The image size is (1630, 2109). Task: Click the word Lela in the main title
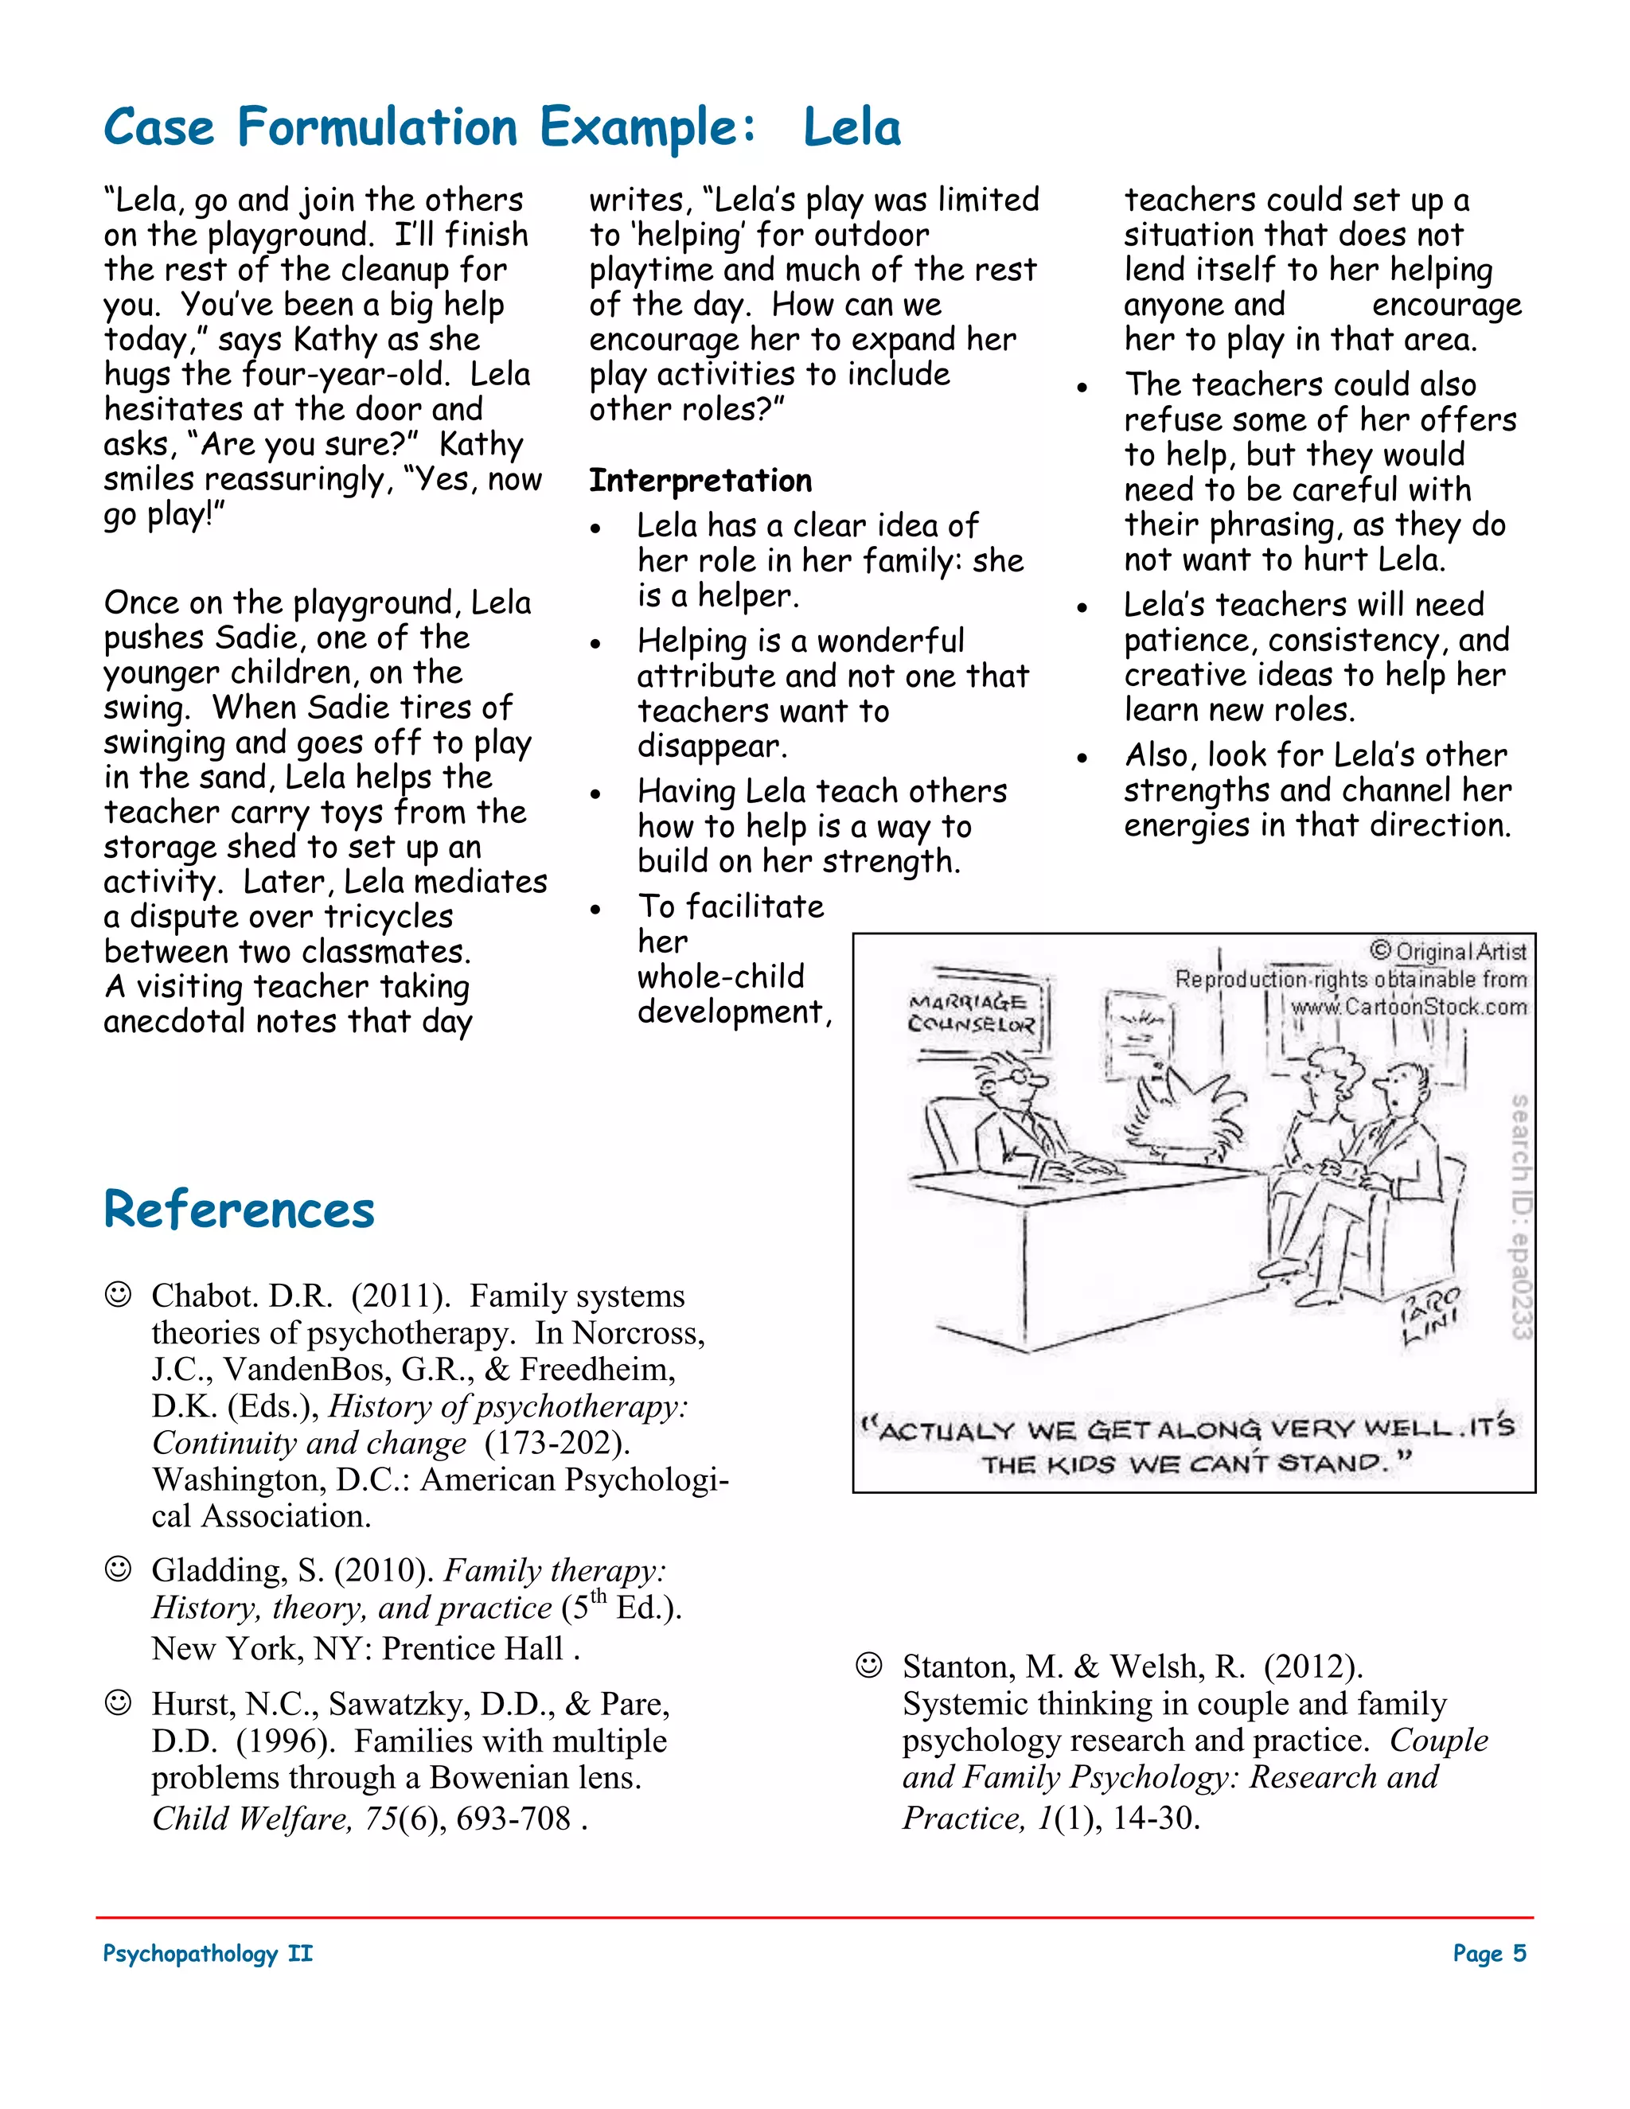[852, 127]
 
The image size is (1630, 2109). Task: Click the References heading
[239, 1210]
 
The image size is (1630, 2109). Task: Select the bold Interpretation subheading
[700, 480]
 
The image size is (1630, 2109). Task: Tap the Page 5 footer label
[1489, 1954]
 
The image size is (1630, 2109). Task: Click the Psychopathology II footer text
[208, 1954]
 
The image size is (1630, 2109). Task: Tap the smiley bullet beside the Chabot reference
[118, 1294]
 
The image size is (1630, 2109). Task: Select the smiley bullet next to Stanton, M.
[869, 1665]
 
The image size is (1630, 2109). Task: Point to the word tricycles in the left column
[388, 916]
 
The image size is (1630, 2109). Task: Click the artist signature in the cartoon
[1431, 1313]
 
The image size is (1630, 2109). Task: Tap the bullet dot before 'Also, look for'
[1082, 758]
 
